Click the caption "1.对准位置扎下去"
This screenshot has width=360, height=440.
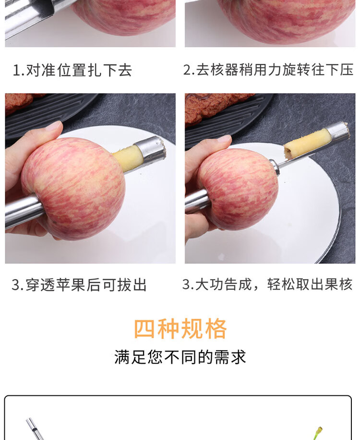click(x=72, y=70)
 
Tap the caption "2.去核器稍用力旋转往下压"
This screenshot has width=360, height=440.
click(x=268, y=70)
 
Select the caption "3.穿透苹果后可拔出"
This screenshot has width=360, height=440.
click(x=79, y=285)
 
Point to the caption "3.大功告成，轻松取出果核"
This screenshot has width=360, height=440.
click(x=267, y=284)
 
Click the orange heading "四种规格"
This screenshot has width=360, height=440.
click(x=180, y=329)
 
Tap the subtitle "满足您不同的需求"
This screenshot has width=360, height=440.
click(x=180, y=357)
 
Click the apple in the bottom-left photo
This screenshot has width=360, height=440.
click(x=73, y=189)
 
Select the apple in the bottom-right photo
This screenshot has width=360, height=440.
click(x=239, y=189)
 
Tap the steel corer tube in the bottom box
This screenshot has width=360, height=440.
click(x=35, y=429)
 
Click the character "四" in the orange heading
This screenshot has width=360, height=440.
click(x=144, y=329)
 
